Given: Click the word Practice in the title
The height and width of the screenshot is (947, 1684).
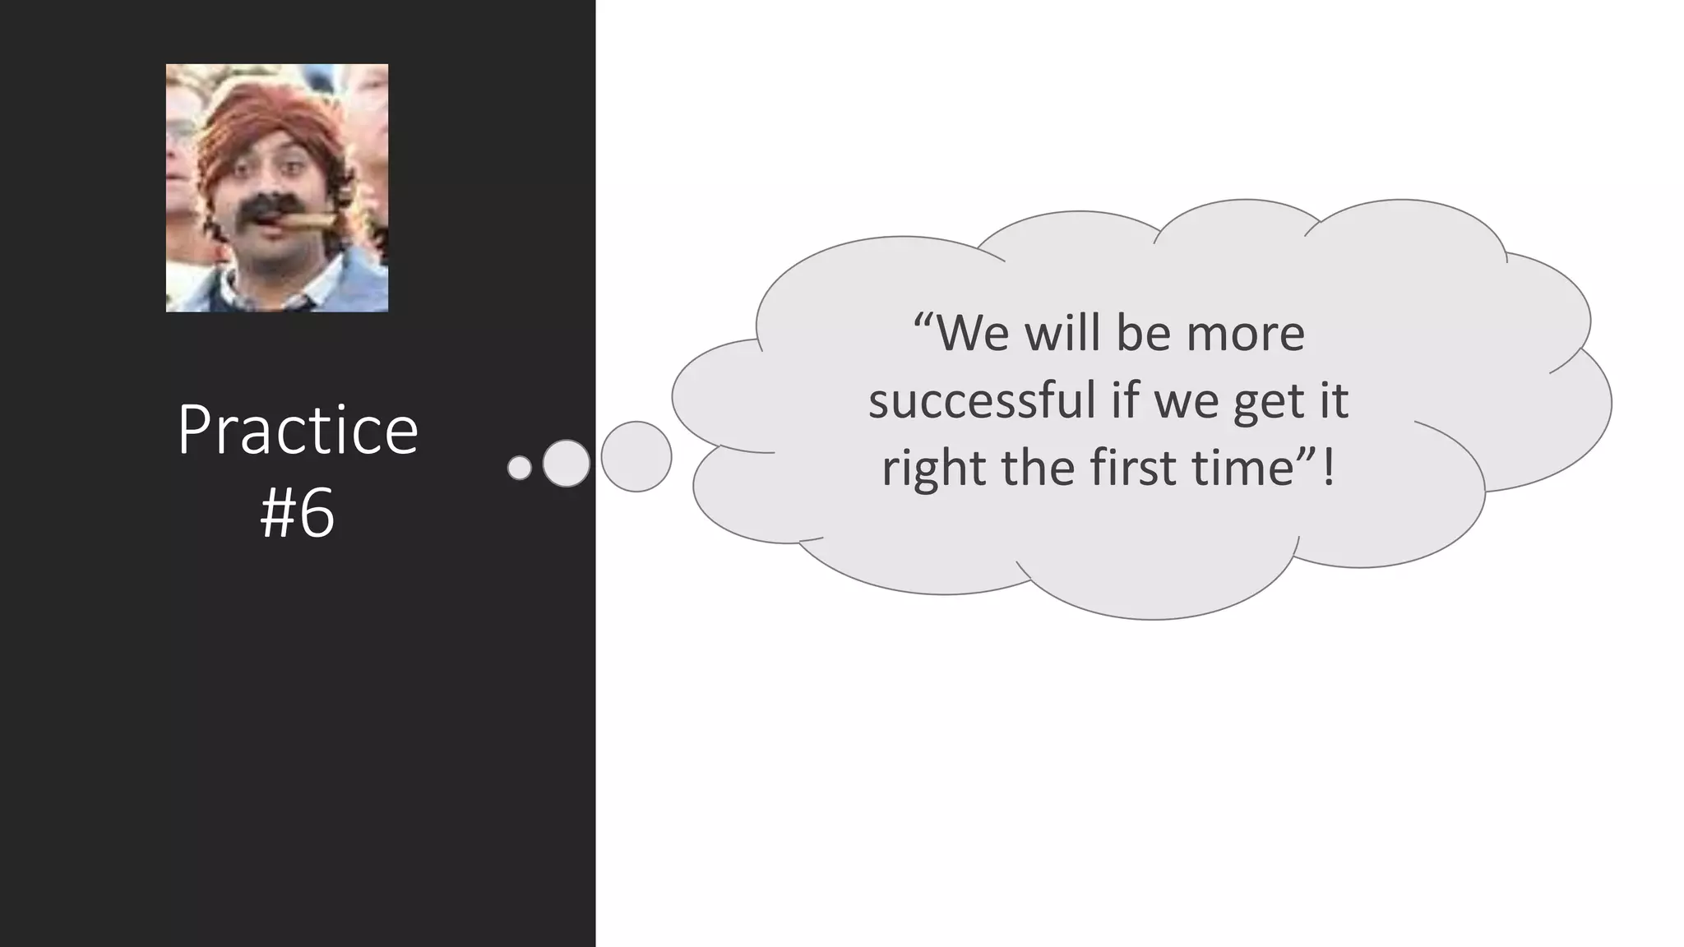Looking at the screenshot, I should pos(298,431).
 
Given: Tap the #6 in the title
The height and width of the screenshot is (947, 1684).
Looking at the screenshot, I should pos(297,513).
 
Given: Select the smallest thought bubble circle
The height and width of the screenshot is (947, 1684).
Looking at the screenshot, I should pos(520,468).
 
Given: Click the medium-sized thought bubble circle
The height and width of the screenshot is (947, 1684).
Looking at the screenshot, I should pos(567,463).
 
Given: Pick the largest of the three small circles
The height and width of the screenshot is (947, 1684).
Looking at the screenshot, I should pos(636,457).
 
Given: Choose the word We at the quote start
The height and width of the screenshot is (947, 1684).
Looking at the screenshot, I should pos(973,334).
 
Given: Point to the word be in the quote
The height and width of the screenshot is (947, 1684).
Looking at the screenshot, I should pos(1142,334).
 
